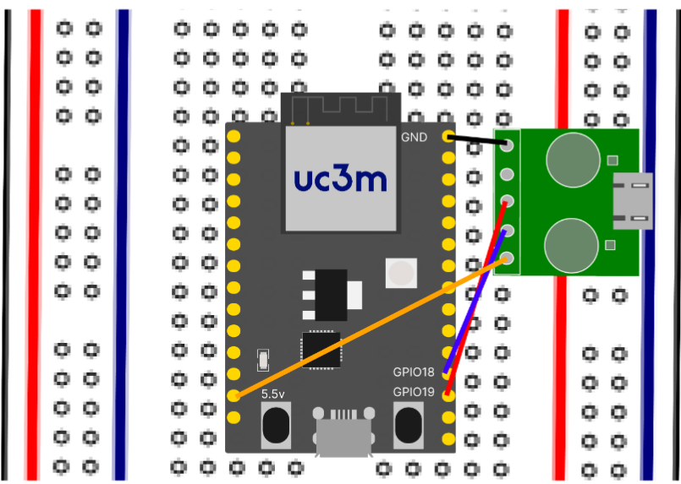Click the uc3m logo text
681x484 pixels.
click(x=340, y=179)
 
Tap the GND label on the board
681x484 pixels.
click(x=415, y=136)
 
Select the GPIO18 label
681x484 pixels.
click(x=413, y=372)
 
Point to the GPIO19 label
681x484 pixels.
click(x=413, y=393)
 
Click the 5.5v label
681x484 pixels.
click(x=273, y=394)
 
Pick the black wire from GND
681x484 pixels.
click(x=478, y=139)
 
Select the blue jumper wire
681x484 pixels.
click(x=478, y=296)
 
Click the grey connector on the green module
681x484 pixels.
click(x=633, y=200)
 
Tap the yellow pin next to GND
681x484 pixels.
click(x=448, y=137)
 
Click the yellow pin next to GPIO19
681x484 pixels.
click(x=448, y=395)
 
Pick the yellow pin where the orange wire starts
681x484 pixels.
click(x=234, y=395)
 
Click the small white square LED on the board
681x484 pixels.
click(x=400, y=273)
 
